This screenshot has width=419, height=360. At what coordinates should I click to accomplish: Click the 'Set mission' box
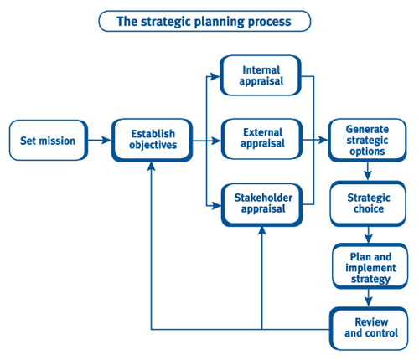(x=49, y=141)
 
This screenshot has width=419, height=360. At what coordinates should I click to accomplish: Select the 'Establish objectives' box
(x=153, y=140)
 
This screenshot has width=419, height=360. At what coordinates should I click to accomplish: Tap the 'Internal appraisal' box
(x=261, y=75)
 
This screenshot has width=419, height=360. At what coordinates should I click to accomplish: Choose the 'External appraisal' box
(x=262, y=139)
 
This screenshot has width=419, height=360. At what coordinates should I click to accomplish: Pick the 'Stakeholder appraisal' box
(x=262, y=204)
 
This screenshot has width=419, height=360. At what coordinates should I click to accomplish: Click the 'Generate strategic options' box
(x=367, y=140)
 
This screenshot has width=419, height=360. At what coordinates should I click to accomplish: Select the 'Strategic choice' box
(x=368, y=203)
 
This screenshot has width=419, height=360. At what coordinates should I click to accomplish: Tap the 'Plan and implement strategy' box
(x=370, y=266)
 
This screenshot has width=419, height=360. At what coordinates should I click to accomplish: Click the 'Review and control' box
(x=369, y=328)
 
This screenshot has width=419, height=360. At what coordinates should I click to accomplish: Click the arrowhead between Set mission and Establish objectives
(x=106, y=140)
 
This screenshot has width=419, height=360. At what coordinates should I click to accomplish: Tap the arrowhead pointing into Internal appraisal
(x=215, y=76)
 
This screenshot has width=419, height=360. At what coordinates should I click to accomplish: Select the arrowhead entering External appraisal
(x=216, y=141)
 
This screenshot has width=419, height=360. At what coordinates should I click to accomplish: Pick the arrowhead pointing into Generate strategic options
(x=323, y=140)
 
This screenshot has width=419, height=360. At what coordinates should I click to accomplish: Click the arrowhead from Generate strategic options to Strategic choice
(x=368, y=176)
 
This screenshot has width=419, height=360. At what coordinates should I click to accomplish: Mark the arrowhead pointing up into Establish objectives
(x=152, y=167)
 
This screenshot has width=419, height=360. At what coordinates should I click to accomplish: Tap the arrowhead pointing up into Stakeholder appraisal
(x=262, y=231)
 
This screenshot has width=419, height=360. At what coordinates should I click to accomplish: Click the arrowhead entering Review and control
(x=369, y=302)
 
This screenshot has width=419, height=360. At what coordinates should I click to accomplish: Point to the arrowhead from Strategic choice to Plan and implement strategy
(x=369, y=239)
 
